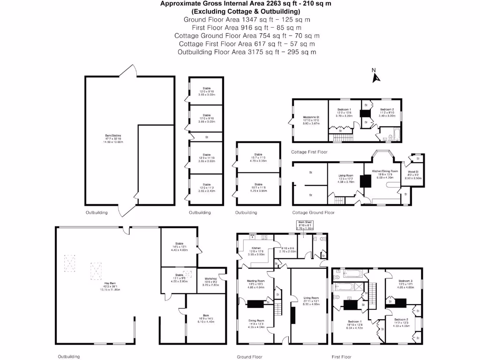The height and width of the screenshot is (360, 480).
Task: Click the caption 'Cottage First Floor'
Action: pos(309,152)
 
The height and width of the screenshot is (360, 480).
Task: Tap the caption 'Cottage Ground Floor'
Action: pos(313,212)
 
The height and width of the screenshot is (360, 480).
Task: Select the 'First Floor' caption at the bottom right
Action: pos(341,357)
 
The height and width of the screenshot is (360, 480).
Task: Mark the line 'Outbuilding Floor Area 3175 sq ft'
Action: pos(247,52)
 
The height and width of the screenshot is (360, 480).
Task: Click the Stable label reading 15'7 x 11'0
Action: pos(258,157)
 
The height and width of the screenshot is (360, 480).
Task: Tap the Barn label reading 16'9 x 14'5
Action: pos(206,318)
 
